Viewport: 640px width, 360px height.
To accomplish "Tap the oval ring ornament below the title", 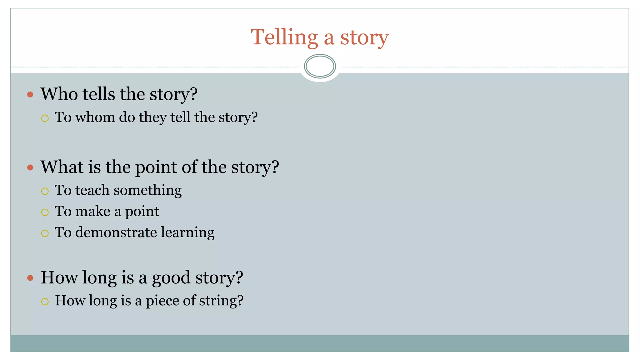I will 320,66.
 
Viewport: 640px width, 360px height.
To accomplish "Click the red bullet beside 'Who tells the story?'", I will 30,94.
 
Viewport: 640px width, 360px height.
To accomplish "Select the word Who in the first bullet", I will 59,94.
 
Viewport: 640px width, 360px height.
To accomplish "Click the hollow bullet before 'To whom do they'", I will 45,118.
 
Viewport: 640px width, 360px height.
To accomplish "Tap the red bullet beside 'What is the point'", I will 30,167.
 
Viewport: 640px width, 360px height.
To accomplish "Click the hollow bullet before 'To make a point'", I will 45,212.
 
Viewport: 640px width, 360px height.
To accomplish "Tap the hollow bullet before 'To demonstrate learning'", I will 45,233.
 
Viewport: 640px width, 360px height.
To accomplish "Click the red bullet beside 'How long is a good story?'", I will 30,278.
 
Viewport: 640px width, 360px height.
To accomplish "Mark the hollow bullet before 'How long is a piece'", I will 45,302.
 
